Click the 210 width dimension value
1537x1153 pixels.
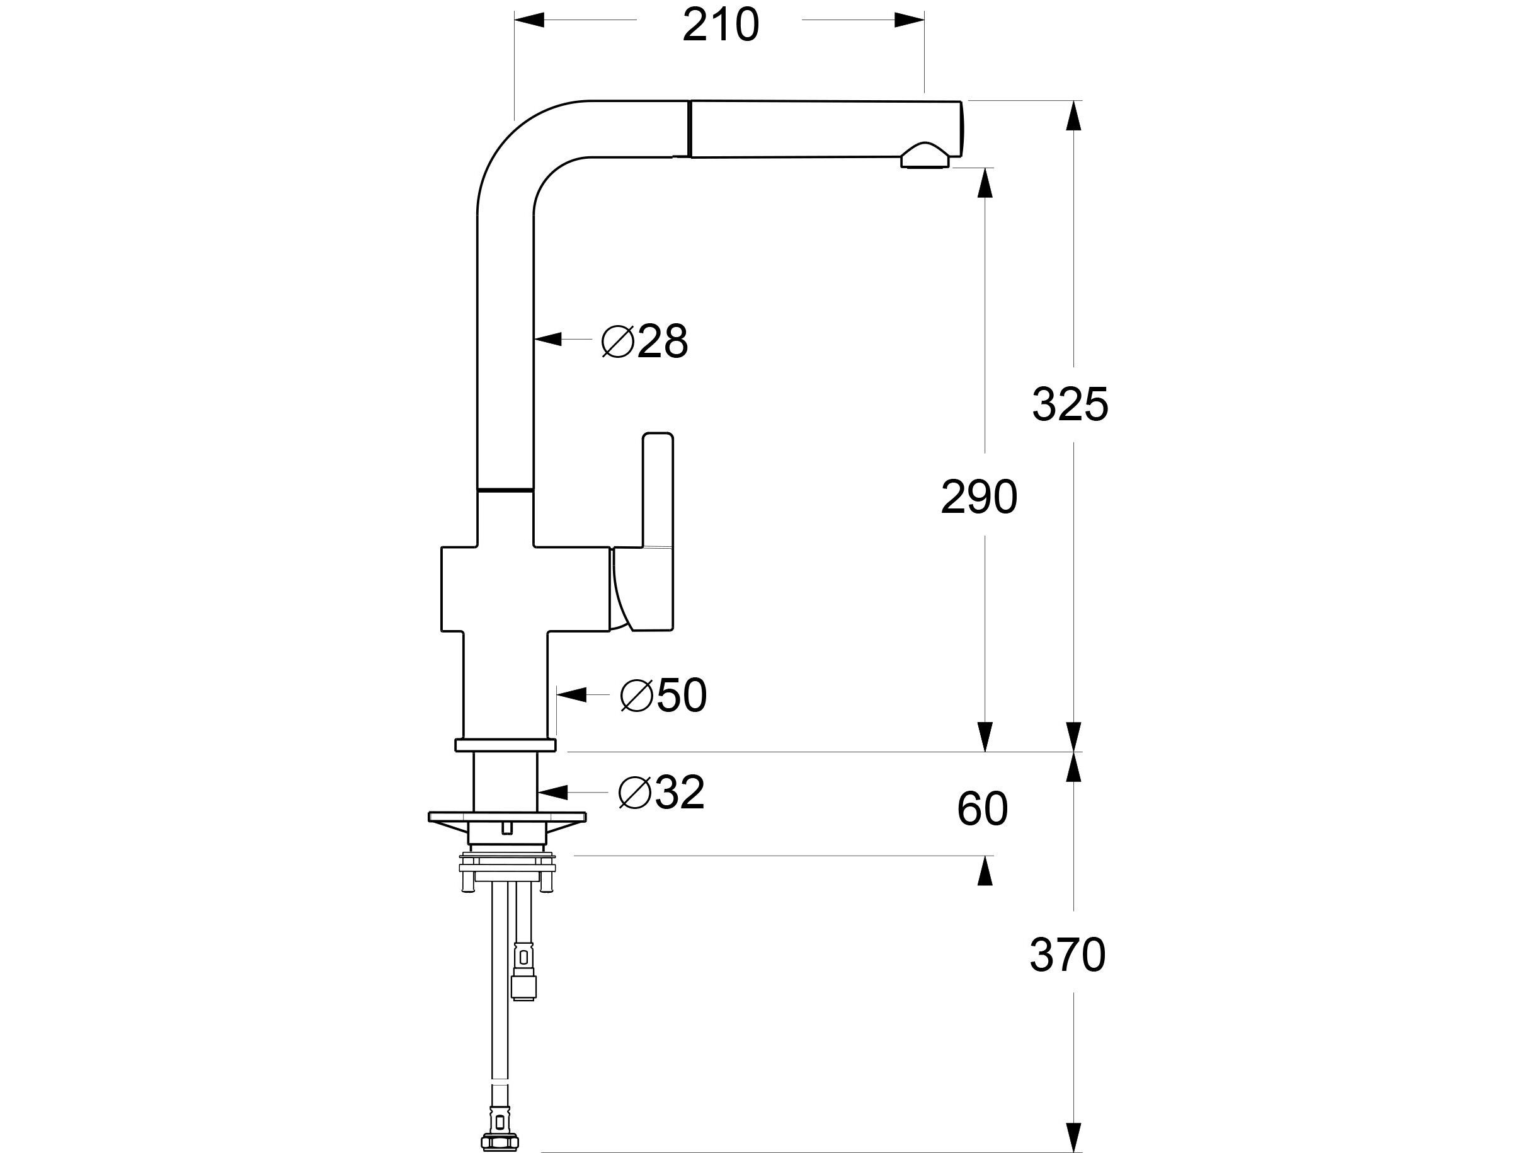[x=721, y=26]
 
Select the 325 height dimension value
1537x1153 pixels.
[x=1070, y=404]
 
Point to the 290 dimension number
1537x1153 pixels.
[x=978, y=498]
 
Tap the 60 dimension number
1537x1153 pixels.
[x=982, y=809]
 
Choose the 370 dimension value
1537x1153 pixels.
[x=1067, y=955]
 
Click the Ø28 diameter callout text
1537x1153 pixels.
[x=645, y=341]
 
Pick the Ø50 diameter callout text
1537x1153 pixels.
[x=663, y=695]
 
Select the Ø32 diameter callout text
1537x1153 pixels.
[x=661, y=793]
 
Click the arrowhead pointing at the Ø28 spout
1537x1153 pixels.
[x=548, y=339]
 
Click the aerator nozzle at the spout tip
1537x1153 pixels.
[x=923, y=157]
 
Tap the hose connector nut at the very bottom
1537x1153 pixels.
[x=500, y=1142]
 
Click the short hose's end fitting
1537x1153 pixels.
[x=523, y=985]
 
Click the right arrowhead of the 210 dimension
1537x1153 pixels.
[x=909, y=20]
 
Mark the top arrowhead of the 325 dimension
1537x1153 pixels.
[x=1074, y=115]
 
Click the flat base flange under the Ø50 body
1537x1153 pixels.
[x=505, y=745]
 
